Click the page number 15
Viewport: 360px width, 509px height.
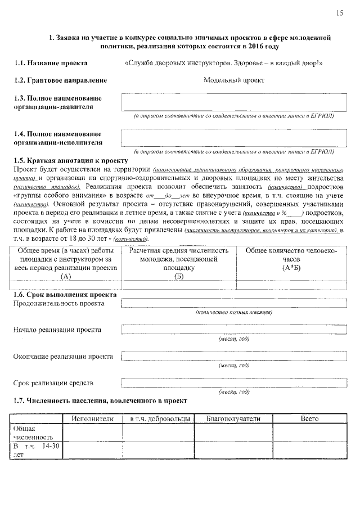click(x=339, y=13)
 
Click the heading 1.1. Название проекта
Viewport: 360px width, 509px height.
click(x=51, y=63)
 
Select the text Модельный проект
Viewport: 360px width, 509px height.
click(x=233, y=80)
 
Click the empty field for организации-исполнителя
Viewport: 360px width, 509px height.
click(x=233, y=138)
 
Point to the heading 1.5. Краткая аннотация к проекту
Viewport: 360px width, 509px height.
click(x=66, y=160)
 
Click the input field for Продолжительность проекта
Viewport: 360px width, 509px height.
click(x=233, y=304)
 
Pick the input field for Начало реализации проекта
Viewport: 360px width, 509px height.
click(x=233, y=330)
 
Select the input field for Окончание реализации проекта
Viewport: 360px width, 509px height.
click(x=233, y=357)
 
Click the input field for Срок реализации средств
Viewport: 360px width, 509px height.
click(x=233, y=383)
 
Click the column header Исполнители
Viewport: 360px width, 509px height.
click(x=93, y=419)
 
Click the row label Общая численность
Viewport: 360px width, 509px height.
click(x=34, y=432)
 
